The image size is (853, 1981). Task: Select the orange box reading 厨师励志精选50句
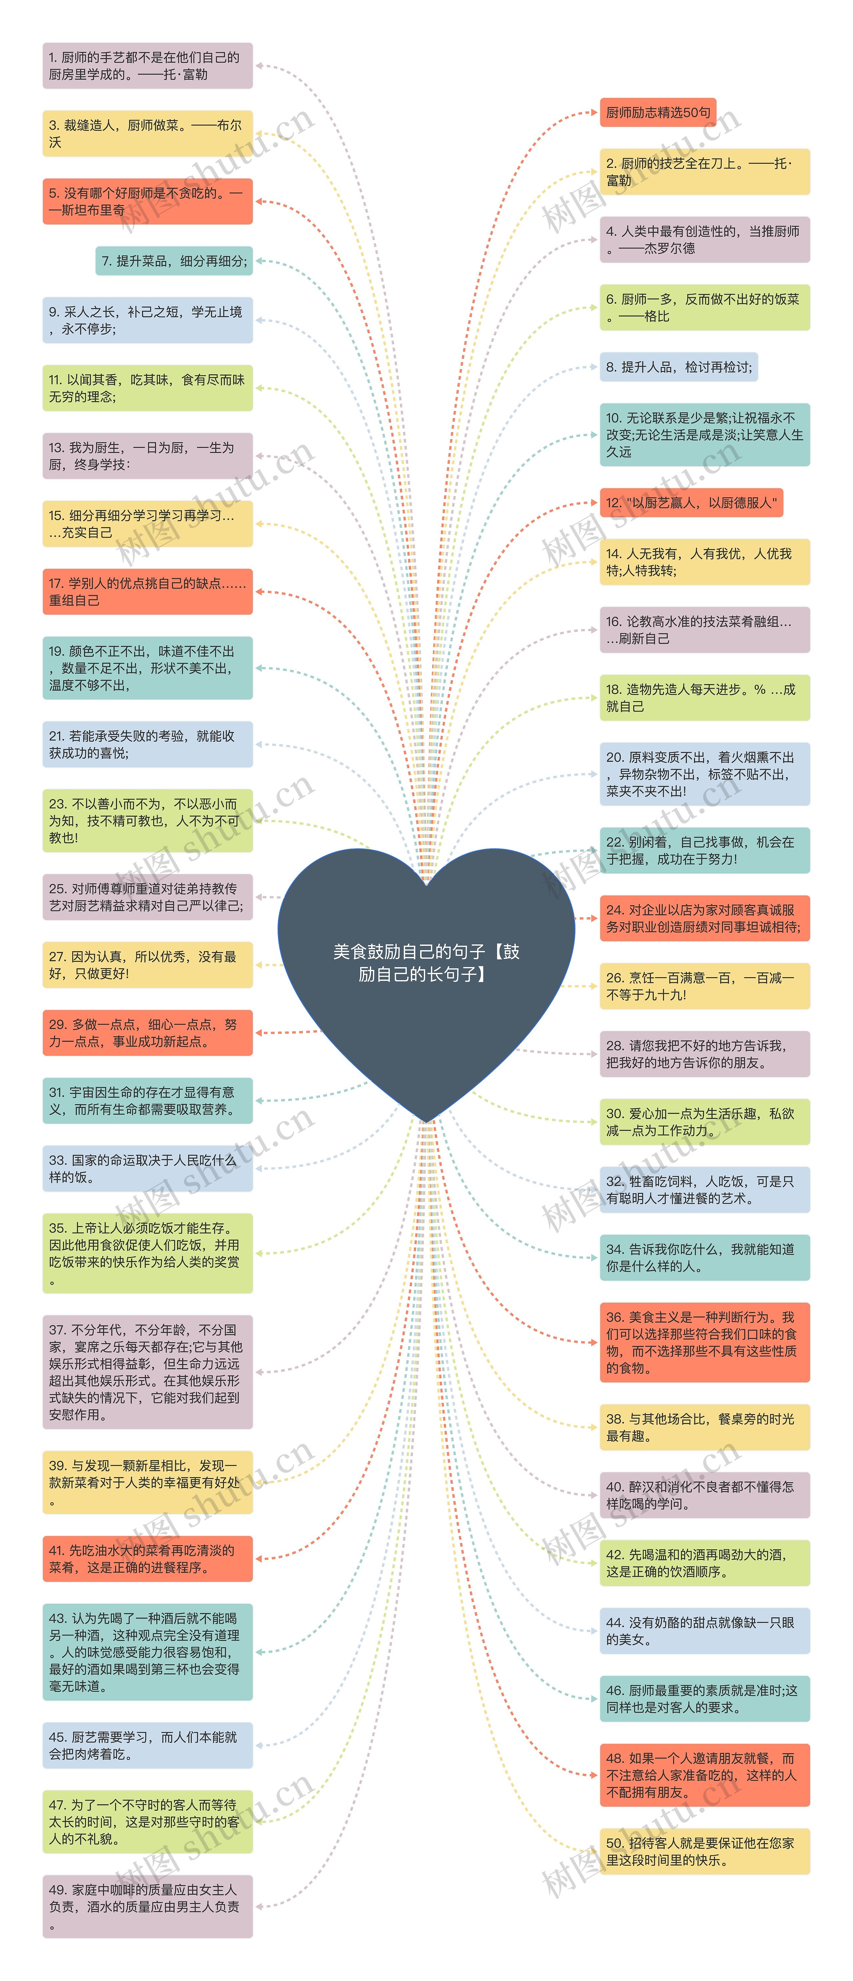(x=658, y=112)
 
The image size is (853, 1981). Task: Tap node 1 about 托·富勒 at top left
(x=147, y=65)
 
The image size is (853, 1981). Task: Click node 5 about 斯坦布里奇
(x=147, y=201)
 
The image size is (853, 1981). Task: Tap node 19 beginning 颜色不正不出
(x=147, y=667)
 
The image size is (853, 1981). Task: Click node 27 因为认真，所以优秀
(x=147, y=964)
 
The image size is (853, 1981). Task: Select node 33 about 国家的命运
(x=147, y=1168)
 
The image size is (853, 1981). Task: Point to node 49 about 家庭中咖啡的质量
(x=147, y=1906)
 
